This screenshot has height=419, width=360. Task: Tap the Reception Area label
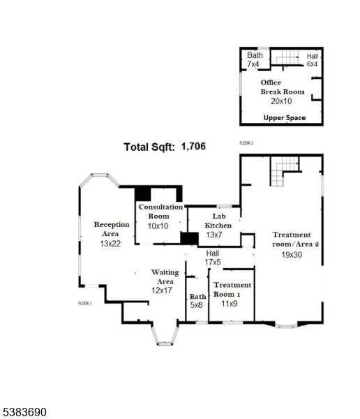[112, 229]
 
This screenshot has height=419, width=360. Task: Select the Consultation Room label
[160, 212]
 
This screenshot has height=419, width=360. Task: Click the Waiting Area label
[165, 277]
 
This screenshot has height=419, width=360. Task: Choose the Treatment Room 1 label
[232, 290]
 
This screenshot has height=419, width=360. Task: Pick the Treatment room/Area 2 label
[295, 240]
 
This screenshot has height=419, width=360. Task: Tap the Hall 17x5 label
[212, 257]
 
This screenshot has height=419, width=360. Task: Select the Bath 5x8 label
[197, 300]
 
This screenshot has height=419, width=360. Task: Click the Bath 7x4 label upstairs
[255, 59]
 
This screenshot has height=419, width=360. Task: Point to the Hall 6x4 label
[312, 59]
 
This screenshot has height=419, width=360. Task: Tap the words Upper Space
[284, 118]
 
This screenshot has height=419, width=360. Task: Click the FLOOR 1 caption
[85, 304]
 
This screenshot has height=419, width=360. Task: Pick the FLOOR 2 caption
[246, 143]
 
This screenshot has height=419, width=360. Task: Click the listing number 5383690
[24, 413]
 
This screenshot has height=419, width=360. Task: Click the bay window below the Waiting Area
[165, 337]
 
